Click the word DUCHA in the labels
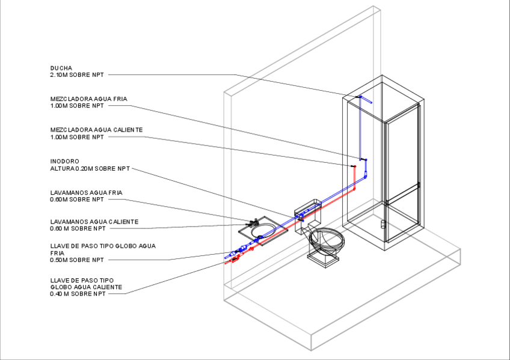[61, 68]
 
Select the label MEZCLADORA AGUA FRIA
[89, 99]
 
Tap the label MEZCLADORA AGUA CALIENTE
[96, 130]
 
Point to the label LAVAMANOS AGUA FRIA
[87, 192]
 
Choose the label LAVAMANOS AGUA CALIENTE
[94, 222]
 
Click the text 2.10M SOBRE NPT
[77, 75]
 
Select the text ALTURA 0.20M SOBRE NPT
[90, 168]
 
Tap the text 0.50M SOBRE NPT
[77, 260]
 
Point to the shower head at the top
[370, 103]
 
